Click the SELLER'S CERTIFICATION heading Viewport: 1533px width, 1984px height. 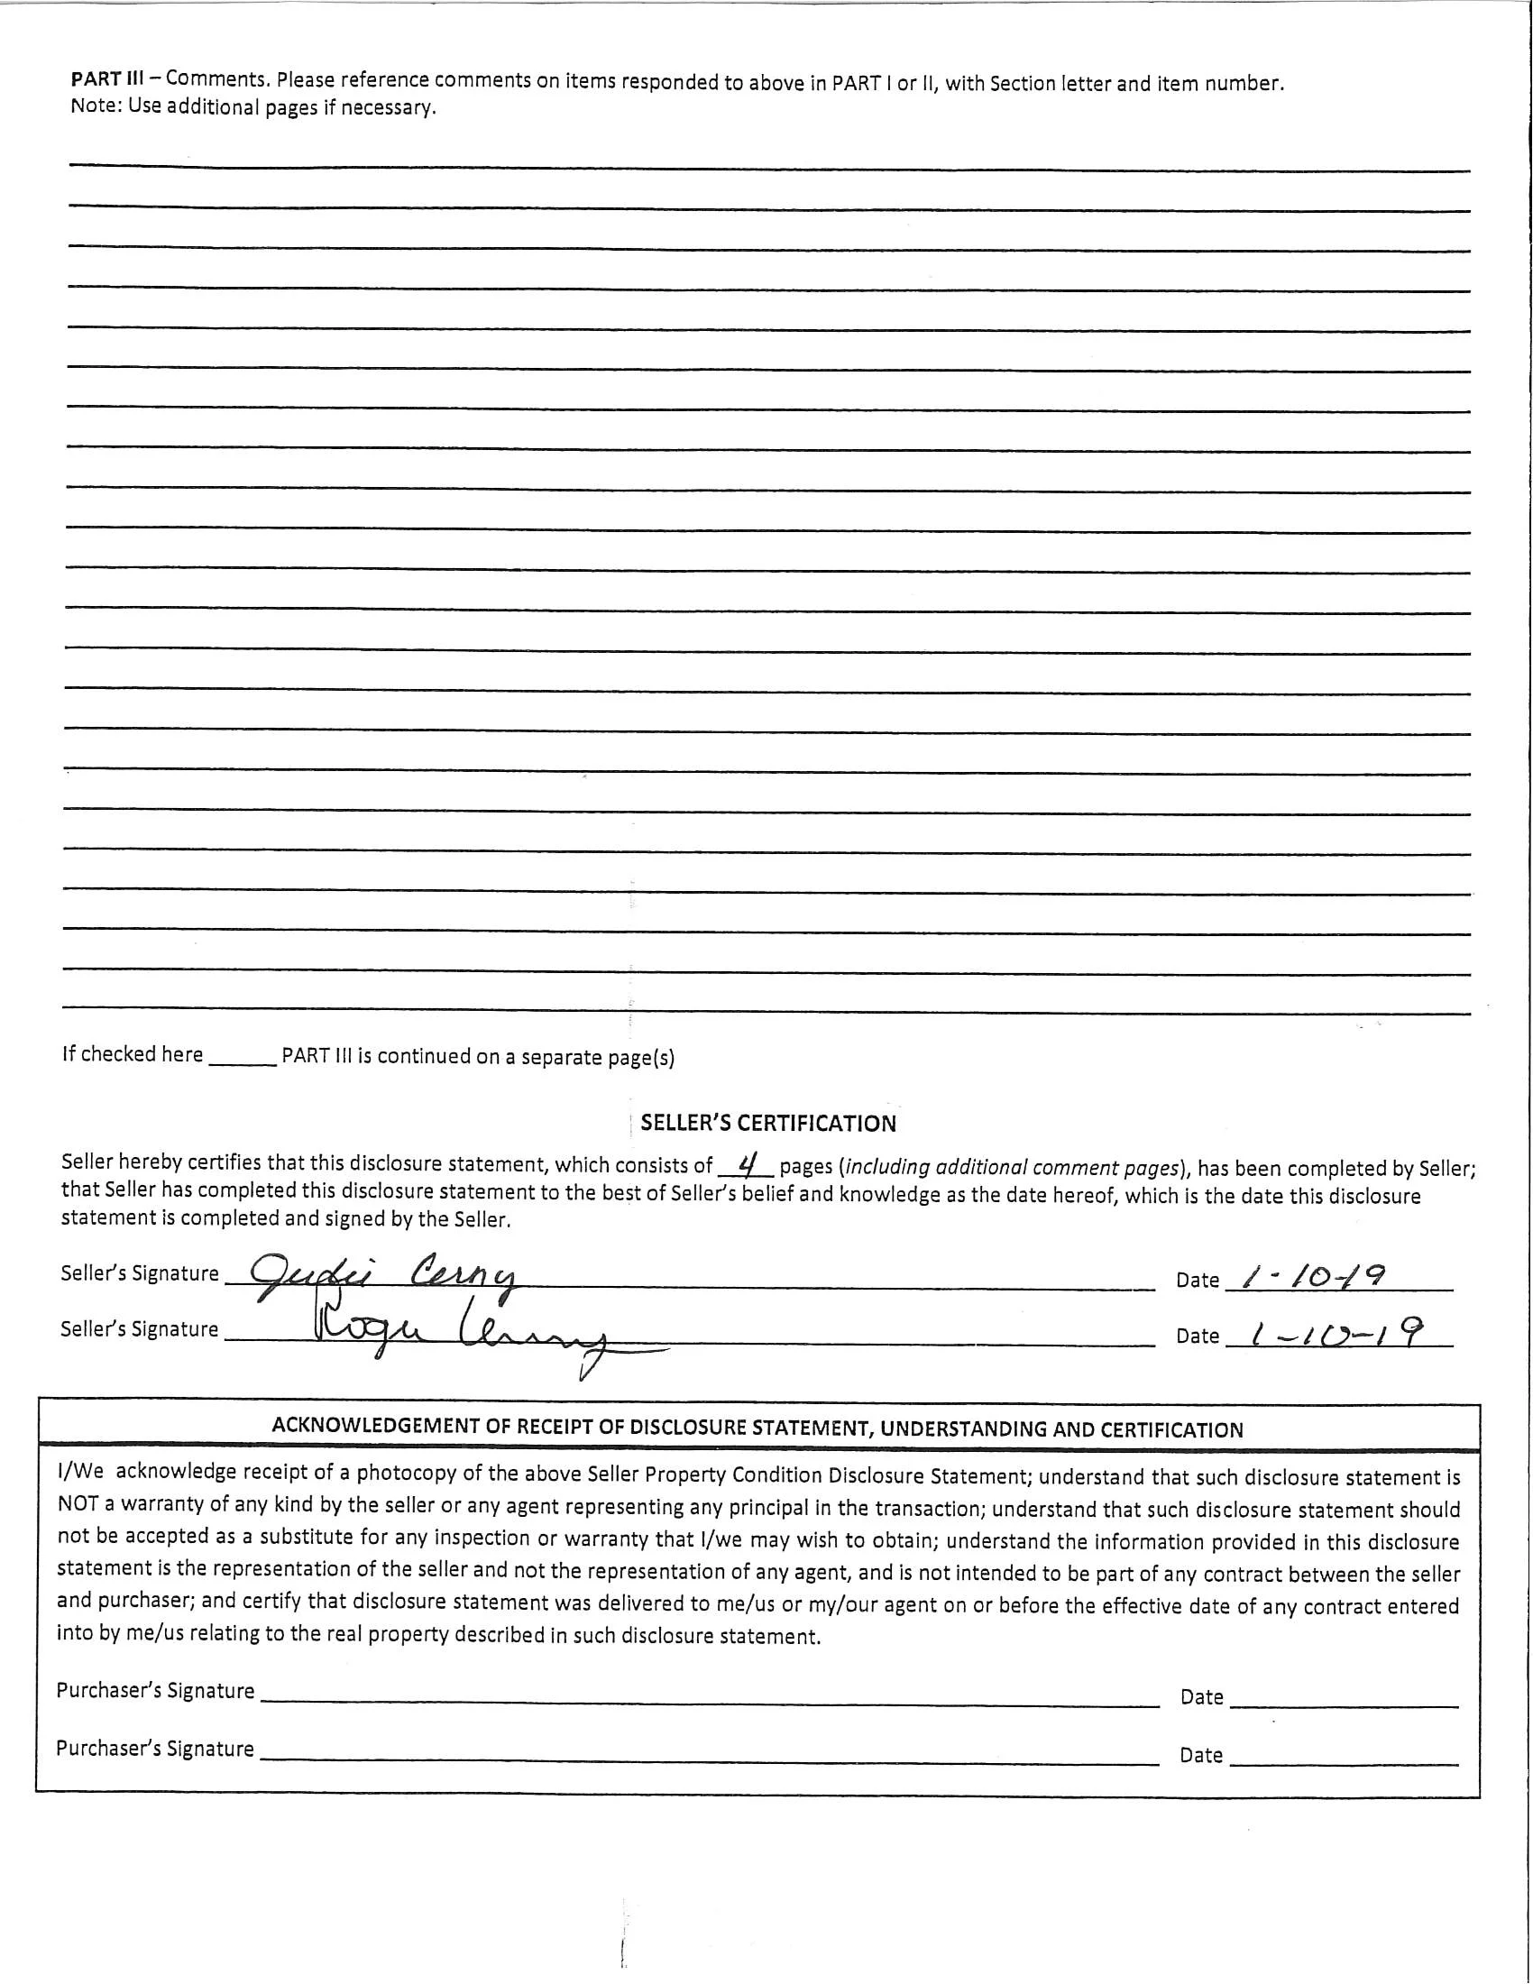[x=768, y=1124]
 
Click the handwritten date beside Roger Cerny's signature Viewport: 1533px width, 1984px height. [x=1335, y=1334]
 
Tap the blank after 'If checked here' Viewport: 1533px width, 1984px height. [x=242, y=1057]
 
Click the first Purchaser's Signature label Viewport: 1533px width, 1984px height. [x=155, y=1691]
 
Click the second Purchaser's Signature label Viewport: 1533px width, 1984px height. [x=155, y=1749]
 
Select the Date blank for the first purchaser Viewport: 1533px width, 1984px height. [x=1344, y=1697]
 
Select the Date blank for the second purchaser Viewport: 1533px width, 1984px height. [x=1344, y=1755]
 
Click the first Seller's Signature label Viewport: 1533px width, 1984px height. [x=140, y=1273]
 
